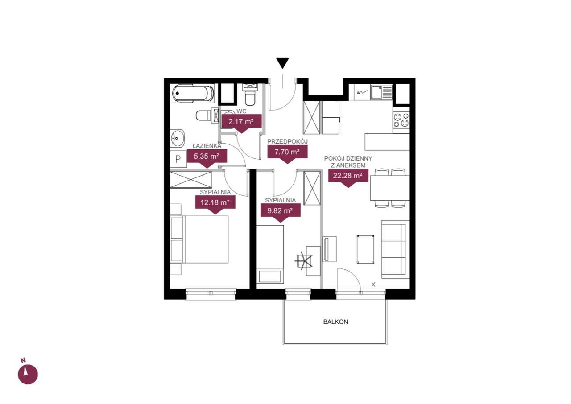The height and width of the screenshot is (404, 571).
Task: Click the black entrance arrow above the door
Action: click(282, 63)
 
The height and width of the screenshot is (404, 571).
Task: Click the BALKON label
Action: click(335, 322)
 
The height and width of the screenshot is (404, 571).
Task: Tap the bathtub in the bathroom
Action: click(193, 94)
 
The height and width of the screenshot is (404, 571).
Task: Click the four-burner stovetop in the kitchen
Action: click(401, 120)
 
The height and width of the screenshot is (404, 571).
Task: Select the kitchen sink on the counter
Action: click(381, 92)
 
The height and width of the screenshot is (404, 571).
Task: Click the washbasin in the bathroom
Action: click(178, 138)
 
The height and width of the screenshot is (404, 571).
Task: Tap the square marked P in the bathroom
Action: click(178, 159)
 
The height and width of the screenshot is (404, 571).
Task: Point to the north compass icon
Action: click(28, 374)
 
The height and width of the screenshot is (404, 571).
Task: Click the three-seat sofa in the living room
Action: click(395, 249)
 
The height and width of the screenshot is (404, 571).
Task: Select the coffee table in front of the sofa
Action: click(365, 249)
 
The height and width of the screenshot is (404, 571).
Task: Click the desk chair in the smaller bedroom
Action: click(304, 260)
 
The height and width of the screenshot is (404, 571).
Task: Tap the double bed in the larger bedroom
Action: click(199, 239)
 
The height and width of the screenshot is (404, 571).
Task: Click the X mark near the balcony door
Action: click(373, 284)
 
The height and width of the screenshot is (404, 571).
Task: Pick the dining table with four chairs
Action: click(390, 188)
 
